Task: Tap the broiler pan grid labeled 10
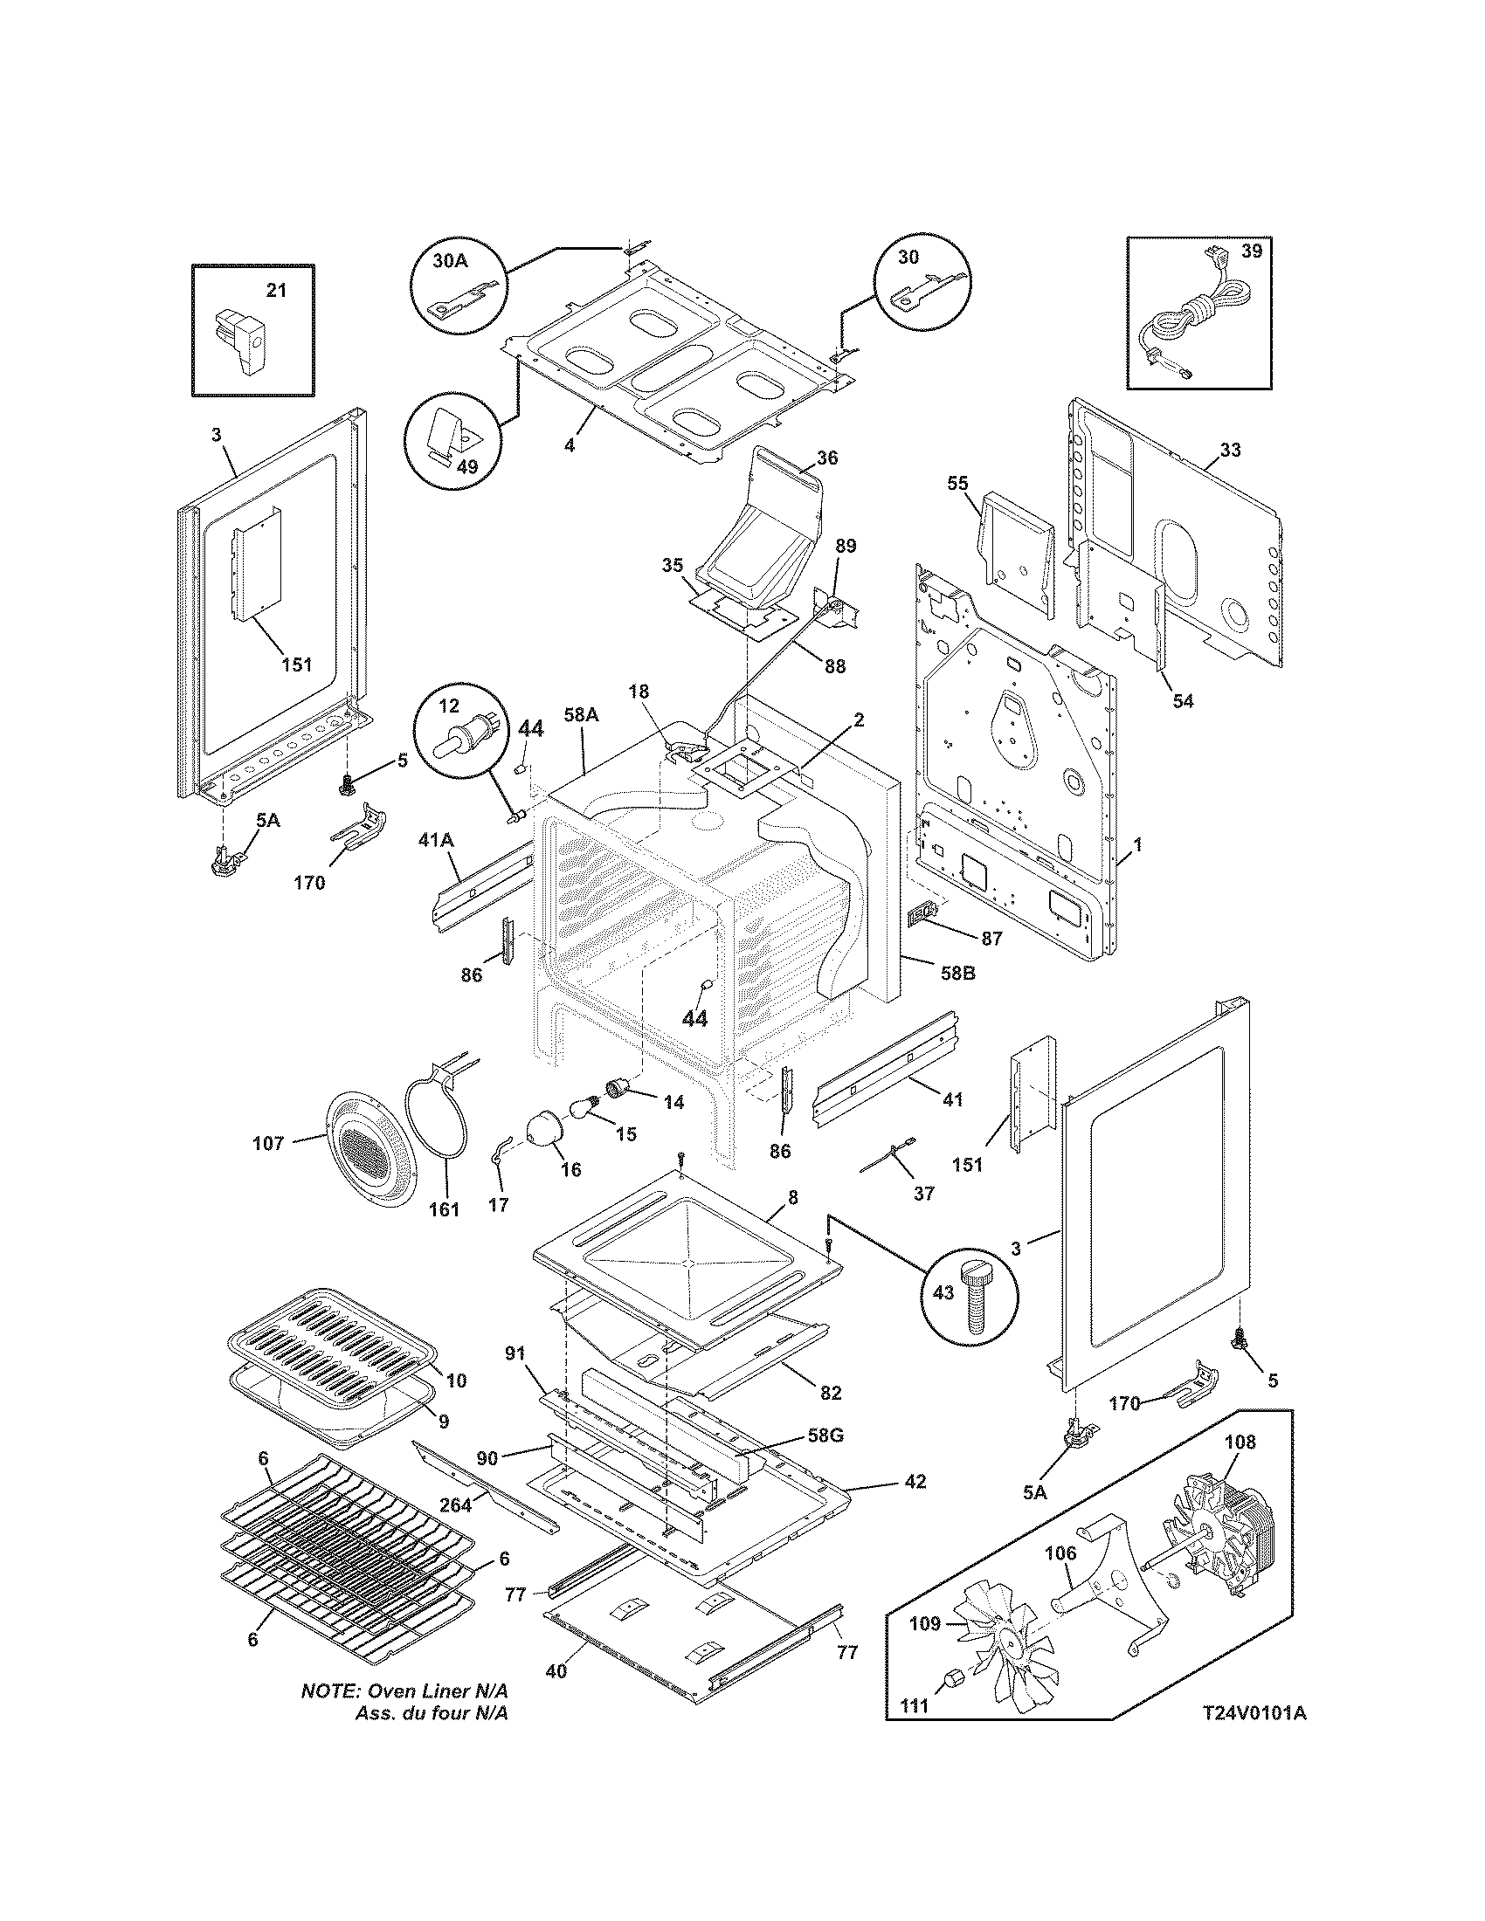pos(335,1327)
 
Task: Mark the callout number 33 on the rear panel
pos(1230,450)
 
